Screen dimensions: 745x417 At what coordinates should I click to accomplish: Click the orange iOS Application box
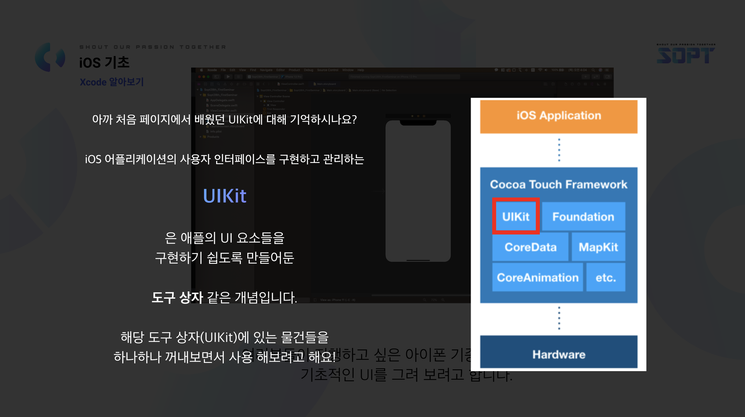tap(558, 116)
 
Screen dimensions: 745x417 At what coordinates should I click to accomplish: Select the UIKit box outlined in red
tap(516, 216)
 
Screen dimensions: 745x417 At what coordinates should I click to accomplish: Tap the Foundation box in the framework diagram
tap(583, 216)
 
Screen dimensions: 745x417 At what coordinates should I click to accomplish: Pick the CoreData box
tap(530, 247)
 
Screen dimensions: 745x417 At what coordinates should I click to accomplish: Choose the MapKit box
tap(598, 247)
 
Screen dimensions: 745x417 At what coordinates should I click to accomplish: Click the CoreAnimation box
tap(537, 277)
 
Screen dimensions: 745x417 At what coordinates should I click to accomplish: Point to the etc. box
tap(606, 277)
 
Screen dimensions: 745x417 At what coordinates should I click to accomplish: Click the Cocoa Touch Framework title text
tap(558, 184)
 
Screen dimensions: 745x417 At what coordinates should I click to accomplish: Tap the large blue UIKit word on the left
tap(224, 196)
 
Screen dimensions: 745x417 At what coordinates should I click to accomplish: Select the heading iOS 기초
tap(104, 62)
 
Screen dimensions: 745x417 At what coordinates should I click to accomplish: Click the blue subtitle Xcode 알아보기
tap(111, 82)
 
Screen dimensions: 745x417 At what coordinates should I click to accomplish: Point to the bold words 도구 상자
tap(177, 297)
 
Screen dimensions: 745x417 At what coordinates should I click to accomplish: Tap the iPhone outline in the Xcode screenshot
tap(418, 191)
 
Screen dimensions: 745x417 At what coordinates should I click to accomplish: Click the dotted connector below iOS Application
tap(559, 150)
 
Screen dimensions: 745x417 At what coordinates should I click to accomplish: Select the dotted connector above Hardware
tap(559, 318)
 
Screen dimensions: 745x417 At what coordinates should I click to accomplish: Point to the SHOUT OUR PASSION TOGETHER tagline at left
tap(153, 47)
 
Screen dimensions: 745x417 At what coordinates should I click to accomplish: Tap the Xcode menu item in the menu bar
tap(212, 70)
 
